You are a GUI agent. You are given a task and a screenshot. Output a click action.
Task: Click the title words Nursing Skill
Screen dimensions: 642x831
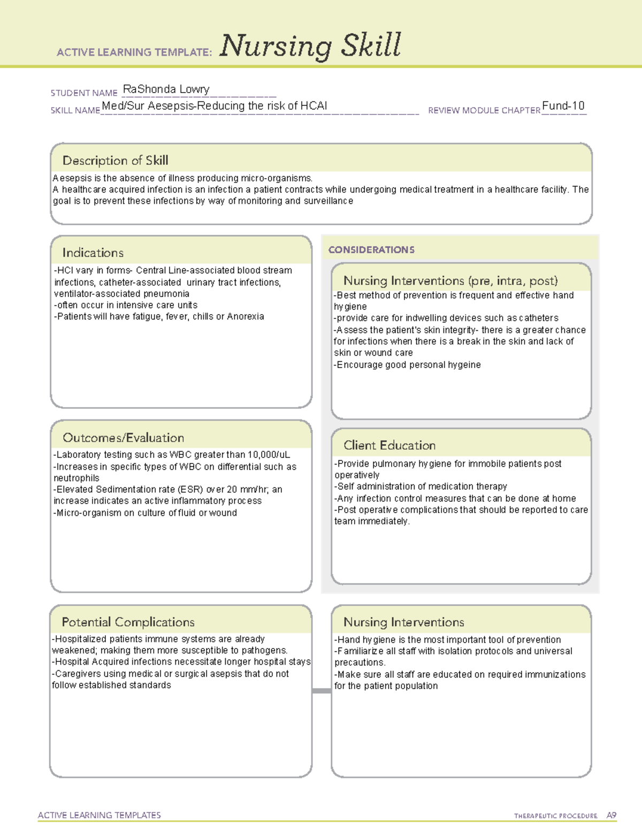(x=310, y=45)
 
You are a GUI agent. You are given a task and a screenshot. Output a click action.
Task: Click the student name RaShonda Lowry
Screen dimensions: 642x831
(x=166, y=89)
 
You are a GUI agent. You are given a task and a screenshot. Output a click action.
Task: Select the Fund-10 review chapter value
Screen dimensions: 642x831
(x=563, y=106)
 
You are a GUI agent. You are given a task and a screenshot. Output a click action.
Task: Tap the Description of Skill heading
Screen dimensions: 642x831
(x=115, y=161)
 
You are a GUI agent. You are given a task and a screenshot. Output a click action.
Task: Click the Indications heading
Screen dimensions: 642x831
(x=93, y=253)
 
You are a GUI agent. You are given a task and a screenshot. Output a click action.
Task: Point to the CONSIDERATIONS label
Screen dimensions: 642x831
(x=371, y=250)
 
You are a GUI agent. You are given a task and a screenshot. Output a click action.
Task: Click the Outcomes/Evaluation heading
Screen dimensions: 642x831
(x=123, y=438)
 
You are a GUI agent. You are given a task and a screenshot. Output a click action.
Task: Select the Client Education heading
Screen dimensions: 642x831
(x=389, y=445)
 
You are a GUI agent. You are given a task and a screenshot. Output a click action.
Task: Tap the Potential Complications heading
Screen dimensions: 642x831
(x=128, y=622)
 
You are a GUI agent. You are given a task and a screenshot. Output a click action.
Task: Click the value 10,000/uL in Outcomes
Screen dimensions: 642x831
(x=269, y=455)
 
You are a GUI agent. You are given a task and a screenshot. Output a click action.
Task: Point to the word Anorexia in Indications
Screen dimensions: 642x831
(x=246, y=317)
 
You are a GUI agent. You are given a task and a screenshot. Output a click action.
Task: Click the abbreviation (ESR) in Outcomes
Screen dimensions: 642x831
(x=194, y=490)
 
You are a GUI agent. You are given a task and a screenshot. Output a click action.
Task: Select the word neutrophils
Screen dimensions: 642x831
(x=77, y=478)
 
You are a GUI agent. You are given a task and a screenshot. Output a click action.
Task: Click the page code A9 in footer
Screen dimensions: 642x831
(x=611, y=815)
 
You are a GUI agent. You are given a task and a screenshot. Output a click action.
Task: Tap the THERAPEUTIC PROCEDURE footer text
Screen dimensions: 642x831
(x=555, y=816)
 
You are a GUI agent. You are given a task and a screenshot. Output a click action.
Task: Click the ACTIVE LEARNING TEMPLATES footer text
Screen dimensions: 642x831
(x=99, y=815)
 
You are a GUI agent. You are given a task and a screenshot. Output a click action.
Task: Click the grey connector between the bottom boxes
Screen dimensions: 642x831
(x=321, y=691)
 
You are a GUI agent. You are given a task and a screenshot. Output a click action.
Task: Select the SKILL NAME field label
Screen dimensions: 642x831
(x=75, y=110)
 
